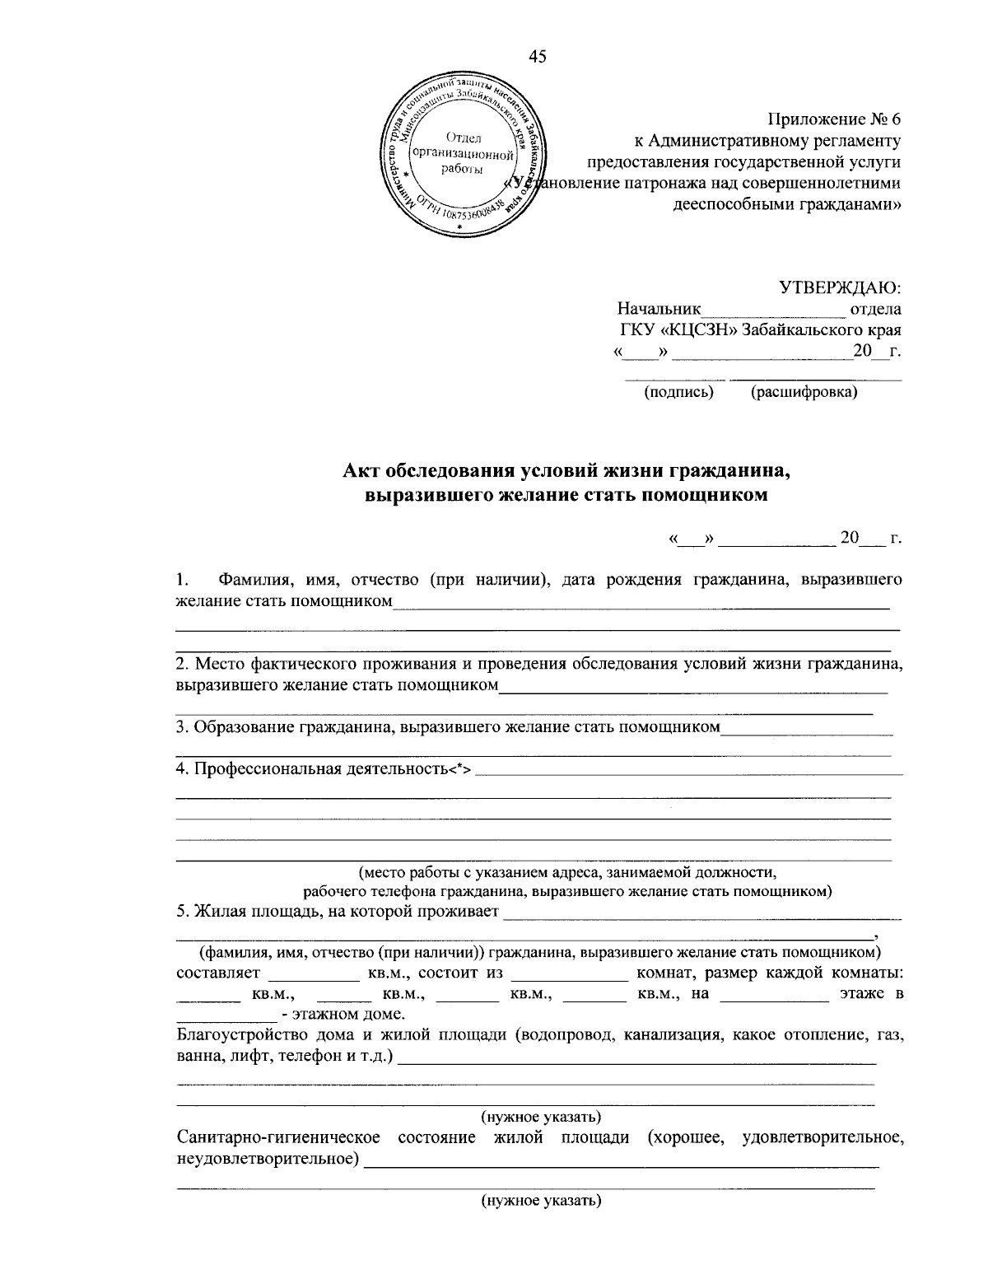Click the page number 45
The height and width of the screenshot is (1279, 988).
pos(537,57)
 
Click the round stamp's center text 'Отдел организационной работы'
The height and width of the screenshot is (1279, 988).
pos(464,153)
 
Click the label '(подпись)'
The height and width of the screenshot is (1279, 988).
pos(678,392)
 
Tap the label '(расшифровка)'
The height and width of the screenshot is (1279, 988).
pos(804,392)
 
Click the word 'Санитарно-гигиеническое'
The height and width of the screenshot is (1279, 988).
pos(278,1138)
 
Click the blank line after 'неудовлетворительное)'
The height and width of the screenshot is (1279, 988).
pos(622,1163)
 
